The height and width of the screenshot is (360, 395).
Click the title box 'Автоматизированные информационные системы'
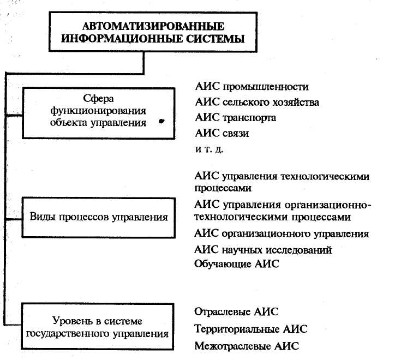coord(154,33)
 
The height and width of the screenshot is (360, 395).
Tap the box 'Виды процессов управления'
coord(99,217)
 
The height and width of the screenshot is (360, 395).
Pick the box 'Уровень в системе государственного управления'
coord(99,326)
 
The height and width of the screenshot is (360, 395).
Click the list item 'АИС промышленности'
coord(252,87)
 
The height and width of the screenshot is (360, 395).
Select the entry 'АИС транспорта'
coord(235,117)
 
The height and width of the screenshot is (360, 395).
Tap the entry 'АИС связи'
coord(222,133)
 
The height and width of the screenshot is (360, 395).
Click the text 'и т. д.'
coord(209,148)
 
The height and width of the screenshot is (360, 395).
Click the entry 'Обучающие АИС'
coord(236,265)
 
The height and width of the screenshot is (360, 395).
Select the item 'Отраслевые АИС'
coord(236,311)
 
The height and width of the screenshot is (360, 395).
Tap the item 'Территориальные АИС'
coord(250,329)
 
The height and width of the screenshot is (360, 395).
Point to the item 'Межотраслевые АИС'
coord(247,346)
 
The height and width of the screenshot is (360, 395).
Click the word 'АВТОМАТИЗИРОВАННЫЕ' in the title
coord(153,26)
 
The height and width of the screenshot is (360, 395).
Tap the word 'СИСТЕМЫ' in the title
coord(219,39)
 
